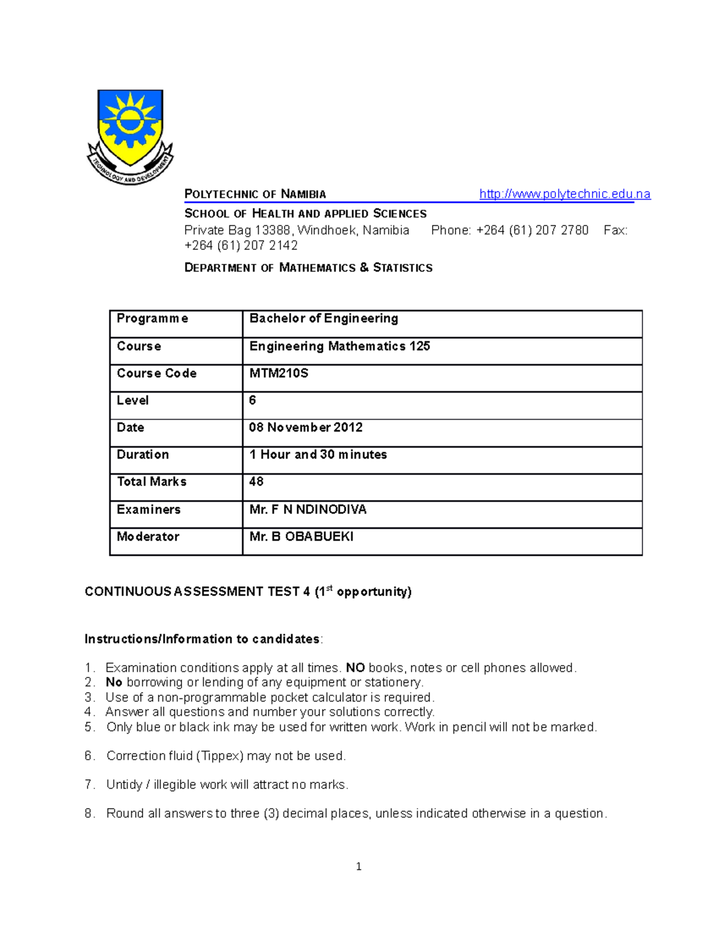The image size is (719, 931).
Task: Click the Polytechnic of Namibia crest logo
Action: click(x=130, y=137)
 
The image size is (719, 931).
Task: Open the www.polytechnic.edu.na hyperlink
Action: click(x=564, y=194)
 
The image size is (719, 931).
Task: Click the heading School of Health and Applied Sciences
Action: click(x=305, y=213)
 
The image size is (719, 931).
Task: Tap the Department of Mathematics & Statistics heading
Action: click(x=308, y=267)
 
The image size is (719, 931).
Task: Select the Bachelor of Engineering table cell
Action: click(x=324, y=318)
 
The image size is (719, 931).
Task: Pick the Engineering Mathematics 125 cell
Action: click(x=339, y=346)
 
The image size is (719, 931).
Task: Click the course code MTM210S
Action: click(x=279, y=373)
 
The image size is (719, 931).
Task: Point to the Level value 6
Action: click(x=252, y=400)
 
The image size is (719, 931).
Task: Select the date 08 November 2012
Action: click(x=306, y=427)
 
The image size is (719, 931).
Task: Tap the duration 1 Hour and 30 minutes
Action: click(x=318, y=454)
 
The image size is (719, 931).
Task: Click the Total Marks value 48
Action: click(x=256, y=481)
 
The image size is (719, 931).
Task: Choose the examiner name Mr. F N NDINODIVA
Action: click(x=307, y=509)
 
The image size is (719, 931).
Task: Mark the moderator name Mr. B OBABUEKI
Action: click(x=301, y=537)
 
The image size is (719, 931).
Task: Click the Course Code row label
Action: click(x=156, y=373)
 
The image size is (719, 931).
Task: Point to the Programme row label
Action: click(x=152, y=318)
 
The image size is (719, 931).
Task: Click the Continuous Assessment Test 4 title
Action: click(x=248, y=592)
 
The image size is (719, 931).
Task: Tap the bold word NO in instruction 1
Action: click(x=355, y=668)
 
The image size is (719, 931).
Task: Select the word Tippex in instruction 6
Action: click(x=220, y=756)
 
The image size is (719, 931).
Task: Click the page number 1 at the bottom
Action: click(x=358, y=866)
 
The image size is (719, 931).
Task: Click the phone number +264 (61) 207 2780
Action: click(x=532, y=230)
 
